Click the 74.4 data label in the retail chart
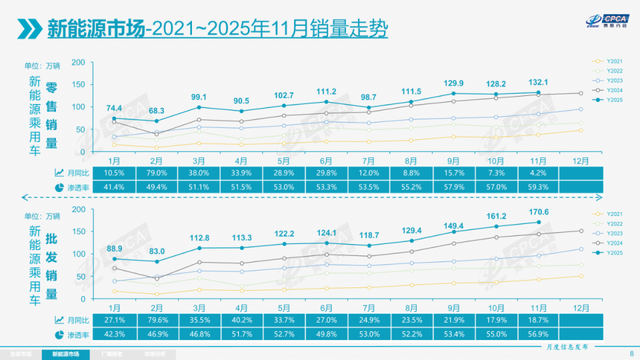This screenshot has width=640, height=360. click(114, 108)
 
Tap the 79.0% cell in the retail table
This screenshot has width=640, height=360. click(157, 173)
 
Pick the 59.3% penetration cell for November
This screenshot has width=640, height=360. click(538, 187)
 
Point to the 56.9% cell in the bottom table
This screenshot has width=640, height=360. click(538, 334)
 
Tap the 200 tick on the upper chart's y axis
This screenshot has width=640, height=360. click(78, 62)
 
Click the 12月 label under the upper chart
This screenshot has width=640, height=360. click(581, 161)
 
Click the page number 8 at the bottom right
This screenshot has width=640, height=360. click(631, 354)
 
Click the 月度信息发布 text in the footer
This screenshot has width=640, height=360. click(567, 347)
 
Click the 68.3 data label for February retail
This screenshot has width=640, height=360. click(157, 110)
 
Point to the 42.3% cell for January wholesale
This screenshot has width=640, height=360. click(114, 334)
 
